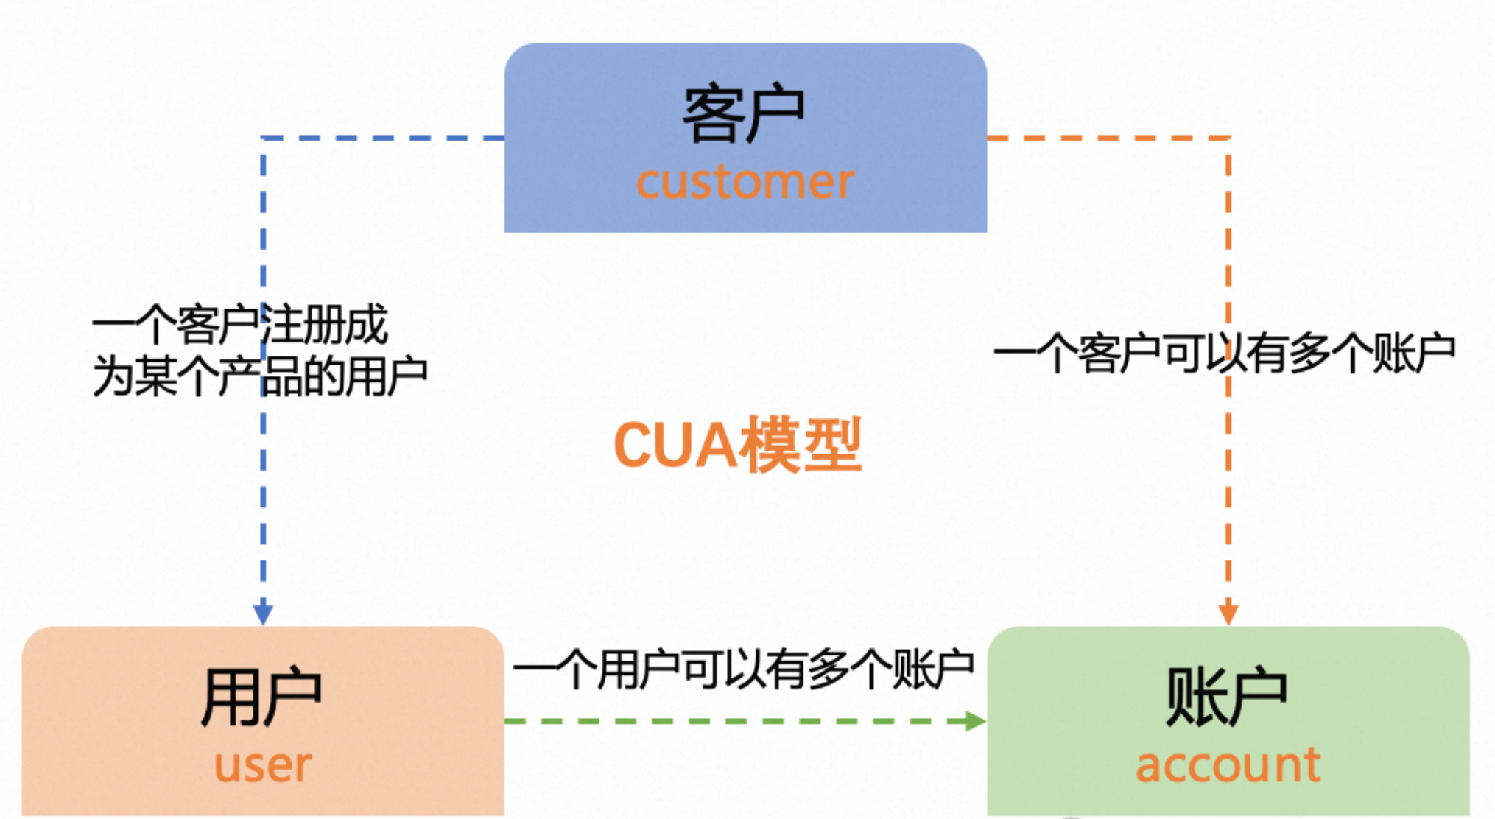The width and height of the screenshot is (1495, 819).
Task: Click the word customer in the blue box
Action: coord(745,182)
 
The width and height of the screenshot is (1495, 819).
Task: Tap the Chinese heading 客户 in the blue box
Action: coord(744,115)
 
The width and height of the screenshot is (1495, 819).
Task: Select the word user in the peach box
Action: coord(263,765)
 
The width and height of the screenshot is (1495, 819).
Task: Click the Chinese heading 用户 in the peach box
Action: coord(261,697)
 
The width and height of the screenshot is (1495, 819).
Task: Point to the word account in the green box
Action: coord(1228,765)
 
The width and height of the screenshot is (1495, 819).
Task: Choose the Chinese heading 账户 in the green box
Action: coord(1226,697)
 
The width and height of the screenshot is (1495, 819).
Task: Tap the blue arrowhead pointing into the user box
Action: coord(263,613)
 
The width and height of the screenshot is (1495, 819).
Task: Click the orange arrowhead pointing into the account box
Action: coord(1228,613)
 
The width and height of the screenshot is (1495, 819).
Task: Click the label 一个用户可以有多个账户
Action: coord(744,669)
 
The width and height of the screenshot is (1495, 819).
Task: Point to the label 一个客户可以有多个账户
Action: coord(1224,354)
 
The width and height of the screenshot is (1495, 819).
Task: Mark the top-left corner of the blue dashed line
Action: coord(264,138)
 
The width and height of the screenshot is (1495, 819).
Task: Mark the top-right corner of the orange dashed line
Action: coord(1228,138)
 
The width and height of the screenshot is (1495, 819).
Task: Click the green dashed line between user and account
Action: coord(736,721)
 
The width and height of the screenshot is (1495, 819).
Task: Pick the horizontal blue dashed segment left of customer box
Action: coord(383,138)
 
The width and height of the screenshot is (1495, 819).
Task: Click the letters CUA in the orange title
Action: coord(674,445)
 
